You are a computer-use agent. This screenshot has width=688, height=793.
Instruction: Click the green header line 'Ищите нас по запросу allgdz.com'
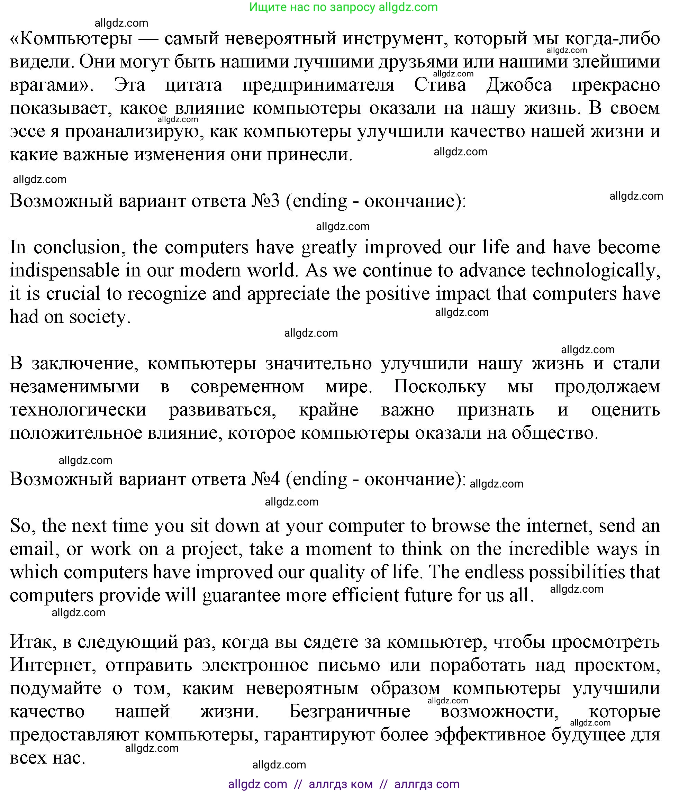point(343,7)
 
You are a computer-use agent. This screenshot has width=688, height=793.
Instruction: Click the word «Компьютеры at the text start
point(71,39)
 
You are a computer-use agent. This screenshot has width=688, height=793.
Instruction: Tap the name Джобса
point(519,85)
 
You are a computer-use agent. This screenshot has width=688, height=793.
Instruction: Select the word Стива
point(440,85)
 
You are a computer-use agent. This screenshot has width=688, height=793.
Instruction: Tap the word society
point(99,317)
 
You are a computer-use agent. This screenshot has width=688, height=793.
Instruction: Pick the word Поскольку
point(440,386)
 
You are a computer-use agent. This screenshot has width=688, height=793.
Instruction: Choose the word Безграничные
point(350,712)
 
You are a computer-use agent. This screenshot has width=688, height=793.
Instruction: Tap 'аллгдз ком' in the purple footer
point(341,784)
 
